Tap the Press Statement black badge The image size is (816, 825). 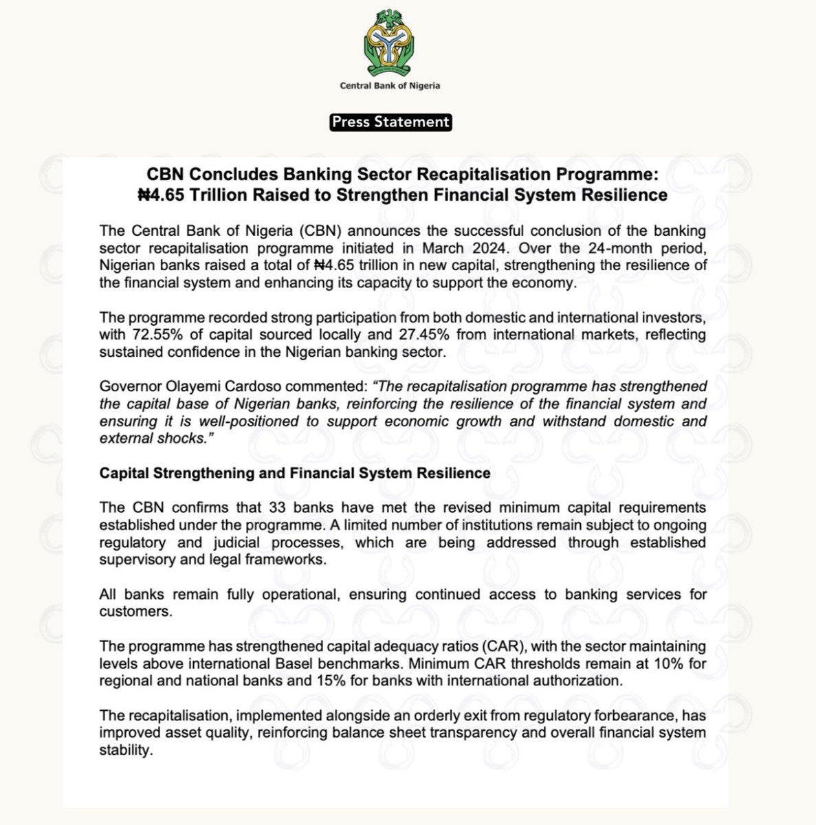point(390,122)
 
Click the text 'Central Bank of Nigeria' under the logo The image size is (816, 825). point(390,86)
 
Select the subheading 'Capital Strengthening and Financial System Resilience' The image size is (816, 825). point(295,473)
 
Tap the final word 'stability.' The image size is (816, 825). point(124,750)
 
